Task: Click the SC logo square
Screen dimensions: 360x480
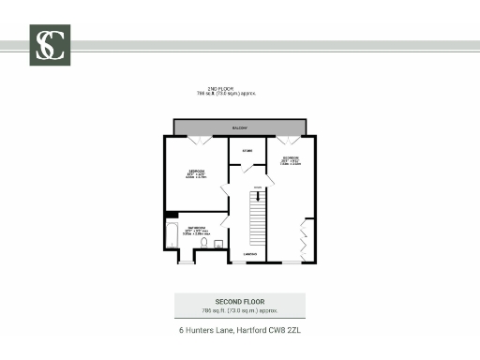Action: tap(52, 44)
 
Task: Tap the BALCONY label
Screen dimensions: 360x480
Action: tap(239, 126)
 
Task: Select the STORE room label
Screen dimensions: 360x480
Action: tap(247, 150)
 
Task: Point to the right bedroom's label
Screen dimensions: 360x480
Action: tap(289, 158)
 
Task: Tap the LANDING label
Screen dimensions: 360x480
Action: tap(249, 254)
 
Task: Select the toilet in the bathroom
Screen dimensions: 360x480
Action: tap(202, 243)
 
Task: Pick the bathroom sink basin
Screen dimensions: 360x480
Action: tap(217, 244)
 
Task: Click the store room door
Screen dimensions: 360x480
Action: tap(246, 169)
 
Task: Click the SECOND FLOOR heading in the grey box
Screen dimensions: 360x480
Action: tap(239, 300)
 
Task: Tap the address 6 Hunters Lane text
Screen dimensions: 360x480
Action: tap(239, 330)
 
